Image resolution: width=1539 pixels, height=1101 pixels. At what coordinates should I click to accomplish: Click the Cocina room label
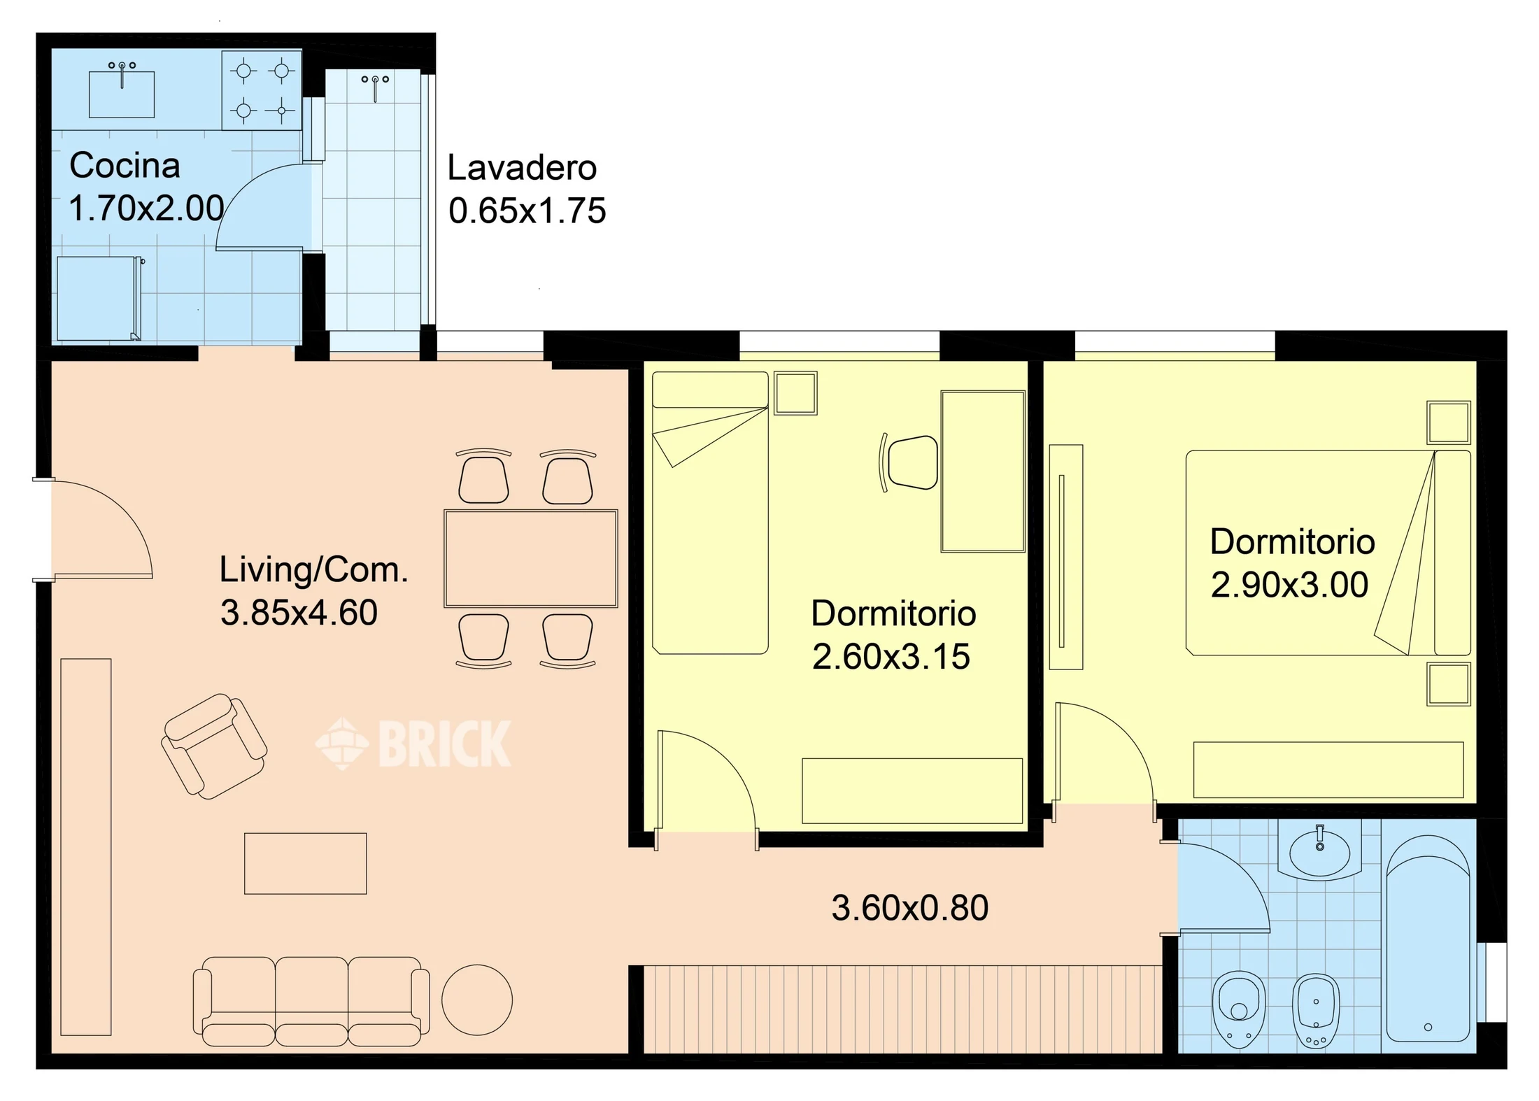click(125, 166)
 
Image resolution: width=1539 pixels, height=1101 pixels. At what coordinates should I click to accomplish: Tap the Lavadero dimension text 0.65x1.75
click(527, 211)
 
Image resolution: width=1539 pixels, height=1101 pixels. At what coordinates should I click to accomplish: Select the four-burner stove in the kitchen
click(262, 90)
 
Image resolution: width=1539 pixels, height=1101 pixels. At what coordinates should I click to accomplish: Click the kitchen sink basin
click(122, 94)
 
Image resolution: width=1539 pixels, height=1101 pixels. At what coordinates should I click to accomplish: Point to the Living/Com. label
click(313, 569)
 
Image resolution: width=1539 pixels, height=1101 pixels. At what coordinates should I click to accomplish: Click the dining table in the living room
click(531, 558)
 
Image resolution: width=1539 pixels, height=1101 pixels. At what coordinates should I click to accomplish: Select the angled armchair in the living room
click(213, 746)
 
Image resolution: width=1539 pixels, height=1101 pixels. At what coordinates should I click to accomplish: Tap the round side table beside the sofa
click(477, 1000)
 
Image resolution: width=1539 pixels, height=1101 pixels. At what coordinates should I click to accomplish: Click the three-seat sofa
click(311, 1001)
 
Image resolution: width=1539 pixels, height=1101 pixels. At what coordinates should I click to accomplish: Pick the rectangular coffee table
click(305, 863)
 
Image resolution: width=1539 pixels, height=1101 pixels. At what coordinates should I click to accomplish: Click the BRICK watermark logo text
click(444, 744)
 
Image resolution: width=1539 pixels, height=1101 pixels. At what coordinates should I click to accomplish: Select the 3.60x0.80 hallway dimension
click(909, 908)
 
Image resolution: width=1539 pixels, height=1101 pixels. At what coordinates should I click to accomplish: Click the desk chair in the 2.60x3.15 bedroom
click(909, 462)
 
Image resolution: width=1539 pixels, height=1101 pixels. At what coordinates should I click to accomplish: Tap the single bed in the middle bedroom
click(710, 513)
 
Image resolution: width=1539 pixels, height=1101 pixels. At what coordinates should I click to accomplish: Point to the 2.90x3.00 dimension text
click(1289, 585)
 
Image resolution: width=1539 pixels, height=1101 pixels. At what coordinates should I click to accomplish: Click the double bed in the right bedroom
click(1328, 553)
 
